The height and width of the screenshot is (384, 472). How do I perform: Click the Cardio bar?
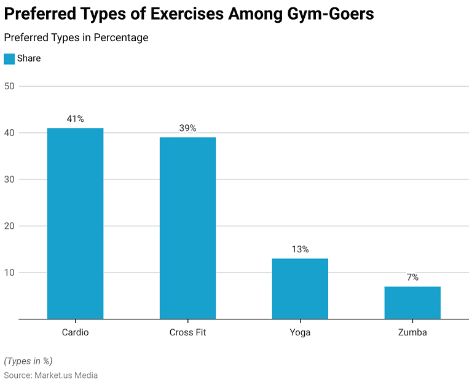[75, 223]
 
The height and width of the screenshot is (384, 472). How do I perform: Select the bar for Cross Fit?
[187, 228]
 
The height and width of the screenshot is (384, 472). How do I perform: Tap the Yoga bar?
[300, 288]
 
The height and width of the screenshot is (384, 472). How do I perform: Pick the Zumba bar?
[412, 302]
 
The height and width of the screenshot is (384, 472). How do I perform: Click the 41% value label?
[75, 119]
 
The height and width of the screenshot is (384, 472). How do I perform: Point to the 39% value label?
[187, 128]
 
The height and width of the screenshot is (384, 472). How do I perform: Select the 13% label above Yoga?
[300, 249]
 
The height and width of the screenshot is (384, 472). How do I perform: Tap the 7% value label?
[412, 278]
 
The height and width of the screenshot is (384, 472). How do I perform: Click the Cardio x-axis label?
[75, 333]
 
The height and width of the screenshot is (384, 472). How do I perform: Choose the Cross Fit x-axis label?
[187, 333]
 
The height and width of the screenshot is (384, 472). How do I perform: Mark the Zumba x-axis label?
[412, 333]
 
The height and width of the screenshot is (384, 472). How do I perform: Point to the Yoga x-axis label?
[300, 333]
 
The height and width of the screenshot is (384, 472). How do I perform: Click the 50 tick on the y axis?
[9, 86]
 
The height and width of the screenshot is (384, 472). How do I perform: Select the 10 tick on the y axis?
[9, 273]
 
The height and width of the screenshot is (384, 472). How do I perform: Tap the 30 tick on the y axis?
[9, 180]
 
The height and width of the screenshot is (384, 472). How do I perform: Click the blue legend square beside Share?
[9, 58]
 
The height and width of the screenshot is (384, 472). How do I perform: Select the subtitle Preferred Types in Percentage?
[76, 38]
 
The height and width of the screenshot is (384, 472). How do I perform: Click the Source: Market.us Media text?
[51, 375]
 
